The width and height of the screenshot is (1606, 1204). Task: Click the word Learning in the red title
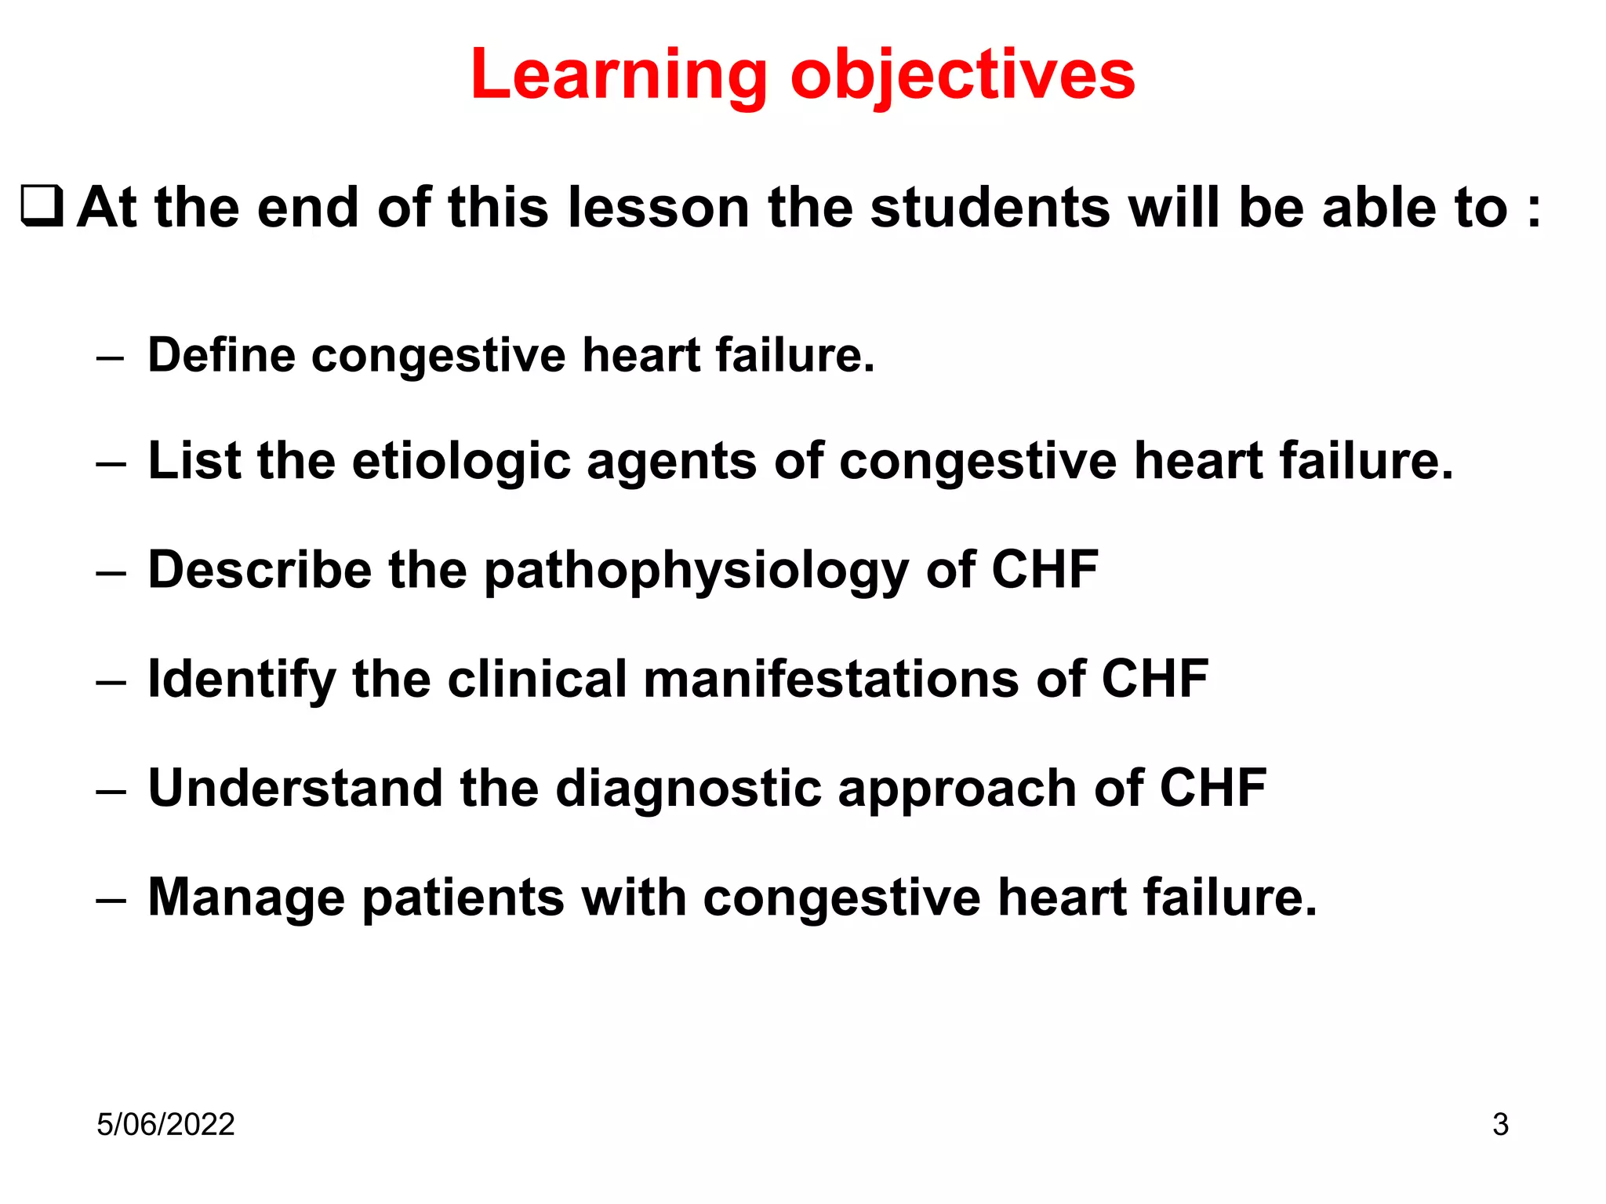pos(619,76)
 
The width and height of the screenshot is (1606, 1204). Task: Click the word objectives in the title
pos(962,76)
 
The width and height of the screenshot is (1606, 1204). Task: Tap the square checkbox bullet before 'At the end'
pos(42,207)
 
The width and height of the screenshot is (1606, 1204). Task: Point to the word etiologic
pos(461,462)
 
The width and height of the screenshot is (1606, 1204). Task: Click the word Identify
pos(242,680)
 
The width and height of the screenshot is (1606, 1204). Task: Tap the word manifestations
pos(831,679)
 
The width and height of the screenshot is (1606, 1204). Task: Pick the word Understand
pos(295,788)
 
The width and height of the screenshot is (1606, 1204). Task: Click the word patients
pos(463,898)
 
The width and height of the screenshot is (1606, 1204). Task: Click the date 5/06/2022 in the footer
pos(165,1124)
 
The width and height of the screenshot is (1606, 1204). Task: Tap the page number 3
pos(1500,1124)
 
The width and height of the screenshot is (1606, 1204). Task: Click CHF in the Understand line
pos(1212,788)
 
